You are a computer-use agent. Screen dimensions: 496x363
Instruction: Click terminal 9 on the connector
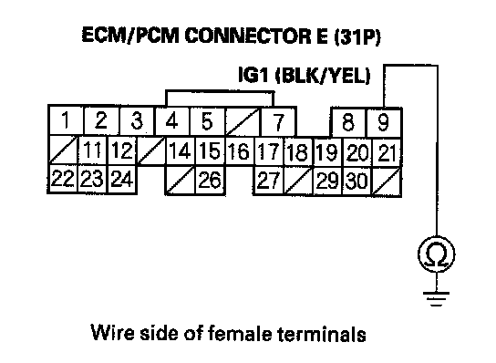click(384, 122)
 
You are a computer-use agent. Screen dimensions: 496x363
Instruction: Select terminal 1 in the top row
click(66, 120)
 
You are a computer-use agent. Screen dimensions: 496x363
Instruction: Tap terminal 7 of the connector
click(278, 122)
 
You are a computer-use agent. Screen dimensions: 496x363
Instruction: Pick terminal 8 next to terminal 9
click(348, 122)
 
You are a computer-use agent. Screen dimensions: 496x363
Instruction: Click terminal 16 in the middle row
click(239, 151)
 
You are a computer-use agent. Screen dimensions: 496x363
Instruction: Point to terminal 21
click(387, 152)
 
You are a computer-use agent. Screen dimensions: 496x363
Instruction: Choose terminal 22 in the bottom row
click(62, 179)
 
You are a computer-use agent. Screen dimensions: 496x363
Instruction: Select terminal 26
click(210, 180)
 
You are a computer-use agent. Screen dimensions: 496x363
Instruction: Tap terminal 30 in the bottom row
click(357, 181)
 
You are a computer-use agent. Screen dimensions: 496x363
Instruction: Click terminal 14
click(181, 150)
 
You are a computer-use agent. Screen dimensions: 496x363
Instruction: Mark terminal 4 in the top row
click(171, 121)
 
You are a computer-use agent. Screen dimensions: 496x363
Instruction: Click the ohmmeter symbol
click(437, 254)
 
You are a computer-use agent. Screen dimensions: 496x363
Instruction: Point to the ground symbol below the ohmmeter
click(437, 299)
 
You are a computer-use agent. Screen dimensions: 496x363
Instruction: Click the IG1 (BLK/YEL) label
click(304, 76)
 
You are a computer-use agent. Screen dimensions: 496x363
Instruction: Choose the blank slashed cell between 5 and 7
click(243, 122)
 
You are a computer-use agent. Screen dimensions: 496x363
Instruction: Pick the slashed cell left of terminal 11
click(63, 150)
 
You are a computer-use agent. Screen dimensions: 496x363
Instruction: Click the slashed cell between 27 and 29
click(298, 181)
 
